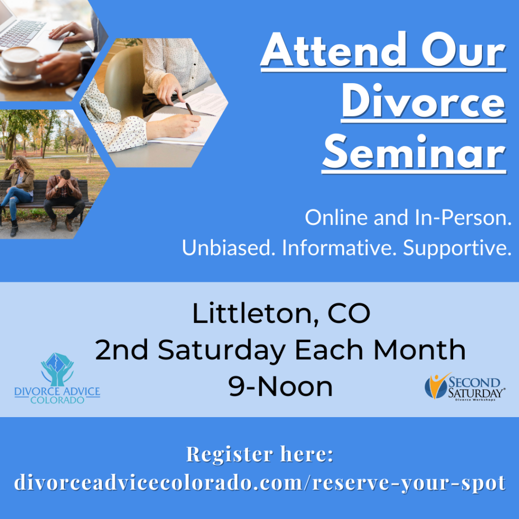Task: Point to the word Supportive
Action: [x=457, y=248]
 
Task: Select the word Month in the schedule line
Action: [x=419, y=350]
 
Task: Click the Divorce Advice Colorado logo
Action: [x=57, y=378]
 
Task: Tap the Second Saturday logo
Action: [x=465, y=387]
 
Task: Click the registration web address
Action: [x=260, y=483]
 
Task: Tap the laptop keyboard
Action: [x=22, y=33]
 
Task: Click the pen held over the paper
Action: [x=189, y=108]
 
